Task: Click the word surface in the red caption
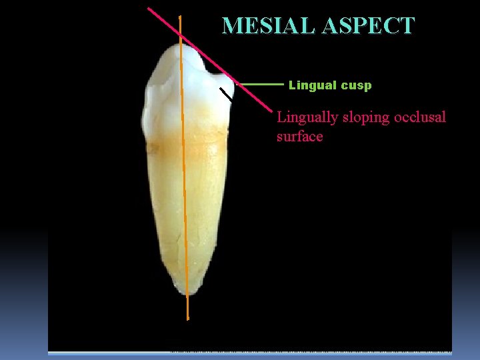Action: click(x=299, y=137)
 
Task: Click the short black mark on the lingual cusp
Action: click(x=227, y=95)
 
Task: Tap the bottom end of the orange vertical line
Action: click(x=188, y=319)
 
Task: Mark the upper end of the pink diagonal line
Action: click(x=148, y=8)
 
